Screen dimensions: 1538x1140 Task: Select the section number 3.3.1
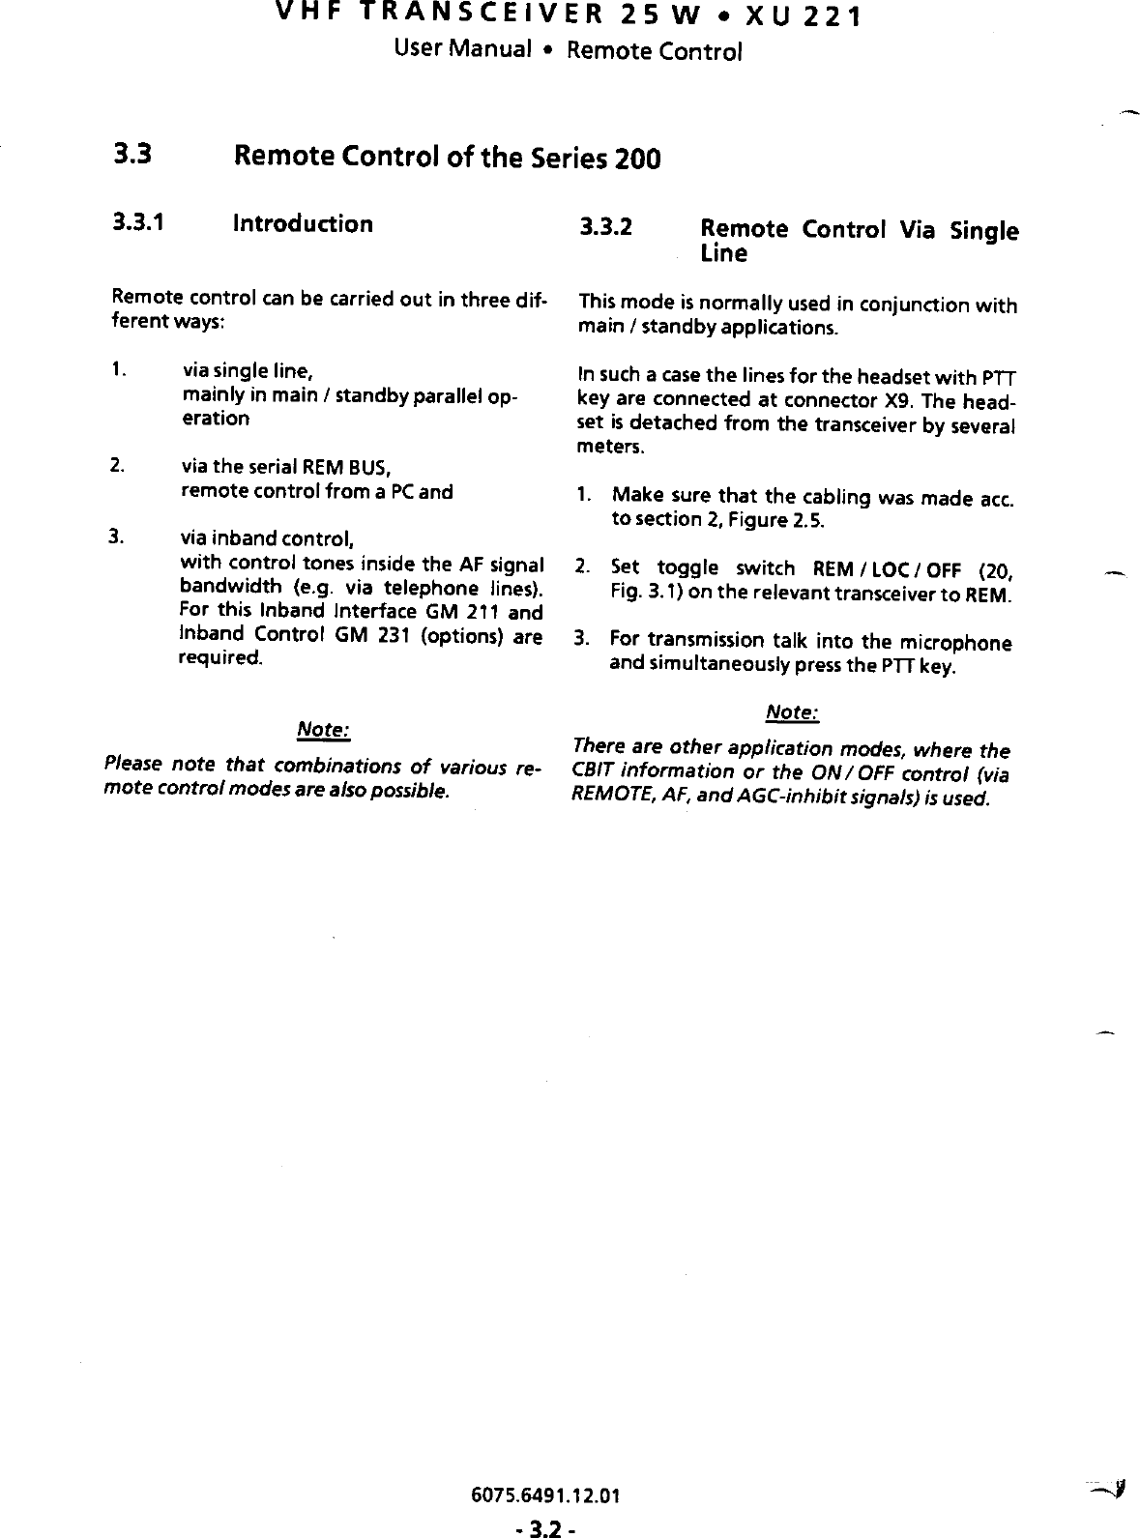tap(137, 223)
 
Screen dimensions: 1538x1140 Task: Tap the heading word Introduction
tap(303, 223)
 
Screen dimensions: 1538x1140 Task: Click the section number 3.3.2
tap(605, 228)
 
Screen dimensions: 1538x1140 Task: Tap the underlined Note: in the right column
tap(792, 712)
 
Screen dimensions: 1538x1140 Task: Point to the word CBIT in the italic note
tap(592, 770)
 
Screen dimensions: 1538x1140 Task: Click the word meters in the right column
tap(607, 448)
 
